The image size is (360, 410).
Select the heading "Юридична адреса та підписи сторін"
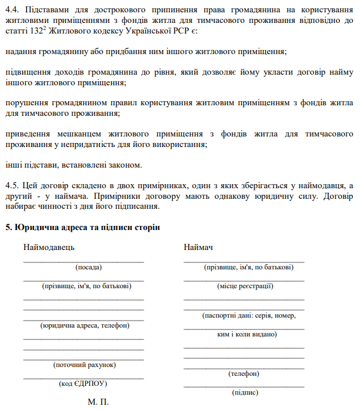(86, 227)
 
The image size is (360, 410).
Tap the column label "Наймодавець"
(49, 248)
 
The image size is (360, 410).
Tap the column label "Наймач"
(198, 248)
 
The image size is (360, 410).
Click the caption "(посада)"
(89, 267)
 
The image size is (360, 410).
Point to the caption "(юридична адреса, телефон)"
(84, 325)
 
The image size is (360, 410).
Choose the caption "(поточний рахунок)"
(84, 365)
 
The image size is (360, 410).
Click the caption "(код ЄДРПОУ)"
(84, 384)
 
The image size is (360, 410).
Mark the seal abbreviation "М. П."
(98, 403)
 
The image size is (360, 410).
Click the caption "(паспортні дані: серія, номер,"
(249, 315)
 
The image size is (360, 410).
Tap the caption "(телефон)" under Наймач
(244, 374)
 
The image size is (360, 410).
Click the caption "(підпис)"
(245, 392)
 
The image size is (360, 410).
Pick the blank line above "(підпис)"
(244, 386)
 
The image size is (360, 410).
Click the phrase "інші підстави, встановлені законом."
(74, 164)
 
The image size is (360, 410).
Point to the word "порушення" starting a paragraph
(26, 103)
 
